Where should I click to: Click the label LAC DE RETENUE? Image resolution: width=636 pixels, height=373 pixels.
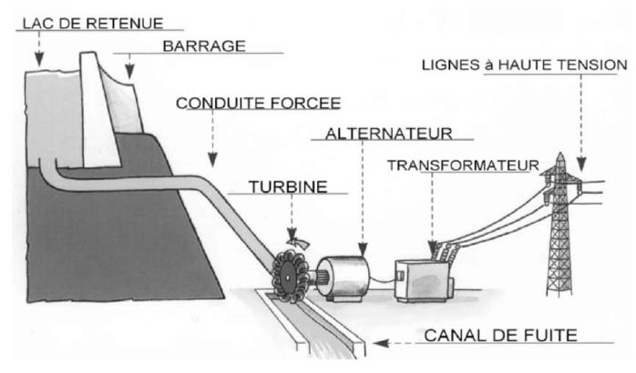point(93,23)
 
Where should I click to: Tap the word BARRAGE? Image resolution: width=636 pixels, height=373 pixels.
point(204,46)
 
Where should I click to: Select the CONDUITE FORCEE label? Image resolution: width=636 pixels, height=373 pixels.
point(259,104)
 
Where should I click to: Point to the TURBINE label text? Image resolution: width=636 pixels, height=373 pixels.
point(288,186)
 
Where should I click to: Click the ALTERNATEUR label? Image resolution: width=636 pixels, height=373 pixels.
point(388,134)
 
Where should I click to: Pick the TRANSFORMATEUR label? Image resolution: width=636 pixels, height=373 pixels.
point(463,166)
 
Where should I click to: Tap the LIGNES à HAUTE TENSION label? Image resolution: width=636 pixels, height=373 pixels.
point(525,65)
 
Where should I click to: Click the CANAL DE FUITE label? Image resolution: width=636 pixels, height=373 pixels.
point(500,336)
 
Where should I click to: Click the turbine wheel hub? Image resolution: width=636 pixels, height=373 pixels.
point(287,277)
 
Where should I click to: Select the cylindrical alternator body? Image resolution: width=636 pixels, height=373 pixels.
point(344,278)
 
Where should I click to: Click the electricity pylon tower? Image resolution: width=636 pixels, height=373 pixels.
point(559,225)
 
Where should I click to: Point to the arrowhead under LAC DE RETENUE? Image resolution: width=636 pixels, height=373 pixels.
point(39,60)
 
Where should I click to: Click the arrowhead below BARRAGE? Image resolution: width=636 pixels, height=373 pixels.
point(129,72)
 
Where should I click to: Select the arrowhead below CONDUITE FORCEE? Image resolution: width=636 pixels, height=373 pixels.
point(212,159)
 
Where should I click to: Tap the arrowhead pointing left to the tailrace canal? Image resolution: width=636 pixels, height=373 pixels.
point(381,344)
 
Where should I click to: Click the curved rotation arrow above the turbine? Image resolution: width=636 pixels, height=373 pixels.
point(298,243)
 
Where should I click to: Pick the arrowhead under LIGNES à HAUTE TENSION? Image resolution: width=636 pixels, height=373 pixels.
point(581,164)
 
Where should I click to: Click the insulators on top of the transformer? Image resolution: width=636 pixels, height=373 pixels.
point(444,252)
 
